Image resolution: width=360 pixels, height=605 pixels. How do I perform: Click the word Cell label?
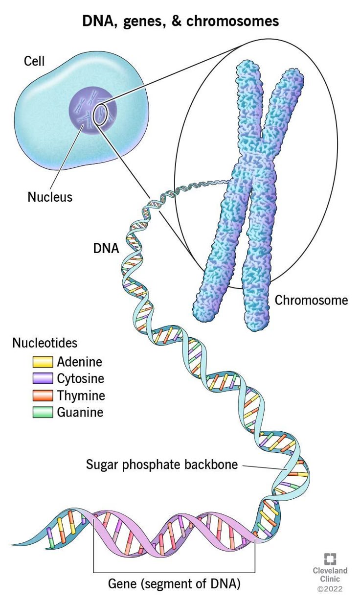34,61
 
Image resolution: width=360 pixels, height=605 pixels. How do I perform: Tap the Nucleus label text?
50,197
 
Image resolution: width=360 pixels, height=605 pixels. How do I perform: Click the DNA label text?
106,248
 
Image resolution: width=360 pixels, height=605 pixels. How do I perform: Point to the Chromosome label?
312,300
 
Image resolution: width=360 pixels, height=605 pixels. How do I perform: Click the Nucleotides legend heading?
45,343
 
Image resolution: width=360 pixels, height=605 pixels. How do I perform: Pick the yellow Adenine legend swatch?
43,363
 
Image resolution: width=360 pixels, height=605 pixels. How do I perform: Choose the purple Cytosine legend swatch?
43,379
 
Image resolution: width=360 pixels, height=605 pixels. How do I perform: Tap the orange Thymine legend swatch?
43,396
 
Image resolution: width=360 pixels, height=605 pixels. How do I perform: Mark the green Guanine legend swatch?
43,412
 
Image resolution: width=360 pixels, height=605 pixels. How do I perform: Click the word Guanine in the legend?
81,412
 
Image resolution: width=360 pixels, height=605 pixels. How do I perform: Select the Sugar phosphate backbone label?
161,464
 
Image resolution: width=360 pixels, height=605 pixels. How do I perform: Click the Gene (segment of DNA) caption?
174,583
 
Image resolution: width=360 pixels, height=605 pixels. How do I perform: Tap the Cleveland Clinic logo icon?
331,559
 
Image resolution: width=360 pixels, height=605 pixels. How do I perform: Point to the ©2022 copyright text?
330,589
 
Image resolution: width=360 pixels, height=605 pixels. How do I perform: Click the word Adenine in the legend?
80,362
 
